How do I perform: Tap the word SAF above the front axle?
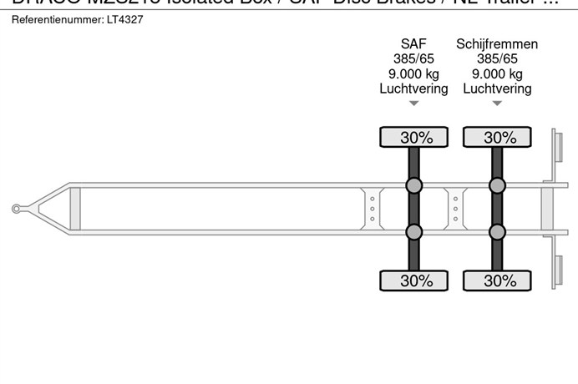point(413,44)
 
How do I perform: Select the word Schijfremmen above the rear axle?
point(497,44)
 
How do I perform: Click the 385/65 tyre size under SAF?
point(413,59)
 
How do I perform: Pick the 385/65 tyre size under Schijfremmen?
point(497,59)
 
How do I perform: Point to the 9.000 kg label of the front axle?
point(413,74)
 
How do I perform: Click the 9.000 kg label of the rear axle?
point(497,74)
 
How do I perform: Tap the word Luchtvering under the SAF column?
point(413,88)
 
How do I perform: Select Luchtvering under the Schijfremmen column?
point(497,88)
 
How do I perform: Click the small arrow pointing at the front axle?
point(413,104)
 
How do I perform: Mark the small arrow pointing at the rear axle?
point(497,104)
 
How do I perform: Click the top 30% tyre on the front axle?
point(415,138)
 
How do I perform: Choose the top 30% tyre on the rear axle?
point(499,138)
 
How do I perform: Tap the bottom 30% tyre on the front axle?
point(415,280)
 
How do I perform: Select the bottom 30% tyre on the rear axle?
point(499,280)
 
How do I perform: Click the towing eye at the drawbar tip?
point(17,209)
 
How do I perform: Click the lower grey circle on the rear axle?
point(498,232)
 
